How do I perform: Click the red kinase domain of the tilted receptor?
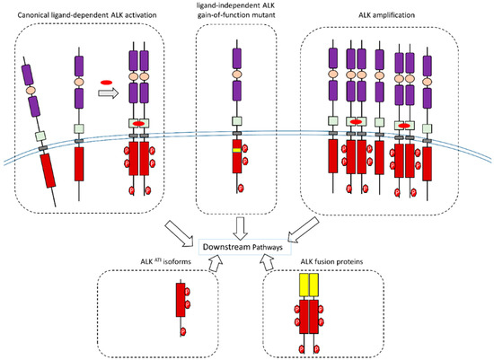(44, 171)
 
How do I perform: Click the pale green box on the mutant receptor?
(238, 122)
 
